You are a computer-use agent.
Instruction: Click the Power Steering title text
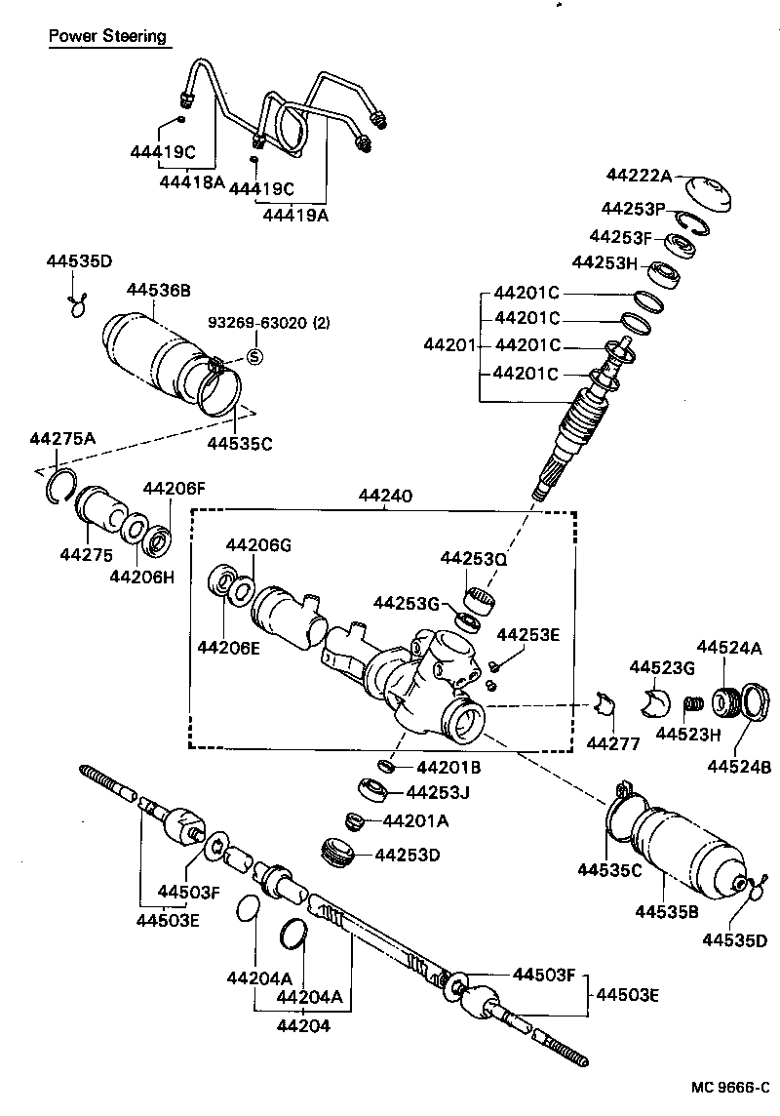[x=107, y=37]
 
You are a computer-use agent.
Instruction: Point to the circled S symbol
[x=254, y=356]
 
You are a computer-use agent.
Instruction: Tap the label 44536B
[x=159, y=289]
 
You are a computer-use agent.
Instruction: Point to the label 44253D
[x=408, y=856]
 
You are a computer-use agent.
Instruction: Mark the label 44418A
[x=192, y=180]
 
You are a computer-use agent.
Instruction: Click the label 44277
[x=613, y=744]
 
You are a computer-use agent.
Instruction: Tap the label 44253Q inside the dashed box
[x=474, y=558]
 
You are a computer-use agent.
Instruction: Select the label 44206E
[x=229, y=646]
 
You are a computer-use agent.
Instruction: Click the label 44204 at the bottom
[x=302, y=1025]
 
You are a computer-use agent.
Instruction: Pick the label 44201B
[x=448, y=768]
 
